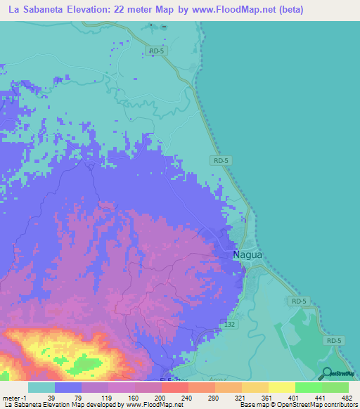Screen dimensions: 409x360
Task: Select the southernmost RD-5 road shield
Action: tap(335, 340)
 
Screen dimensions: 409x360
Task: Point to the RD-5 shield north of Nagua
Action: tap(220, 161)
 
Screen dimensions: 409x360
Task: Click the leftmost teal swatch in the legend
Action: tap(41, 387)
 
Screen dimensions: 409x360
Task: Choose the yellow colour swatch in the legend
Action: tap(281, 387)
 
